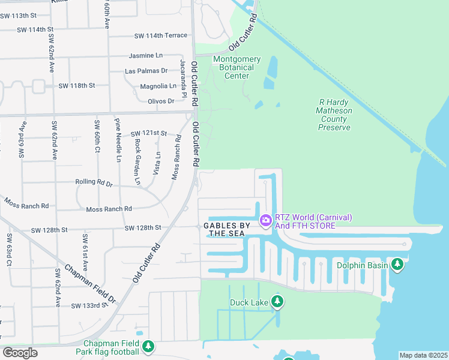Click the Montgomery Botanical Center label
237,67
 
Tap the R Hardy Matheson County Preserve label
333,115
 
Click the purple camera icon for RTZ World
265,221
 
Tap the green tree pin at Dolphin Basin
397,263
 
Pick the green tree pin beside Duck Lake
277,301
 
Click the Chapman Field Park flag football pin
148,346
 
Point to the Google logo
20,353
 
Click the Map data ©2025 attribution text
423,355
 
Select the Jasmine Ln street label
146,55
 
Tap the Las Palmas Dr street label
145,71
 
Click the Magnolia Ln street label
158,86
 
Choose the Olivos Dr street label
161,101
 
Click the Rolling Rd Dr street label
94,182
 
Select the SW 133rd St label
89,306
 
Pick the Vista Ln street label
157,162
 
